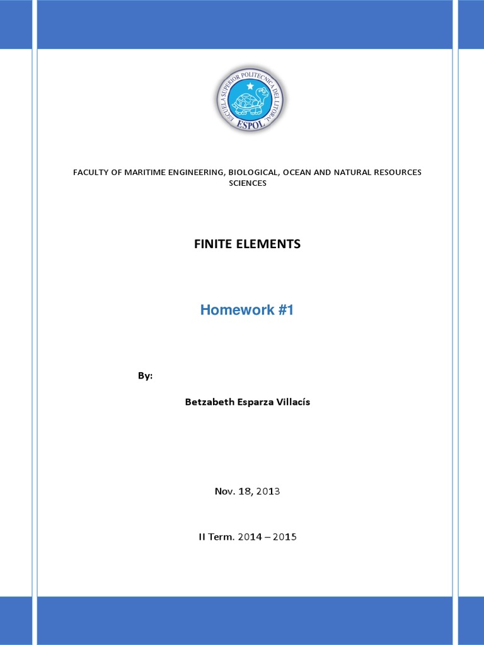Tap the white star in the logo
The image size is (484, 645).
tap(250, 86)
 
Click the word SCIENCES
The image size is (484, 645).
tap(247, 183)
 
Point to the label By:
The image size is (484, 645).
tap(145, 376)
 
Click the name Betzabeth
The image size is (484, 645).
tap(207, 402)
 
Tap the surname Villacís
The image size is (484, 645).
tap(290, 402)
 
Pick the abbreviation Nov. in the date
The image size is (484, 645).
tap(224, 491)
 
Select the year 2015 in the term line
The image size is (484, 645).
tap(284, 537)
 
